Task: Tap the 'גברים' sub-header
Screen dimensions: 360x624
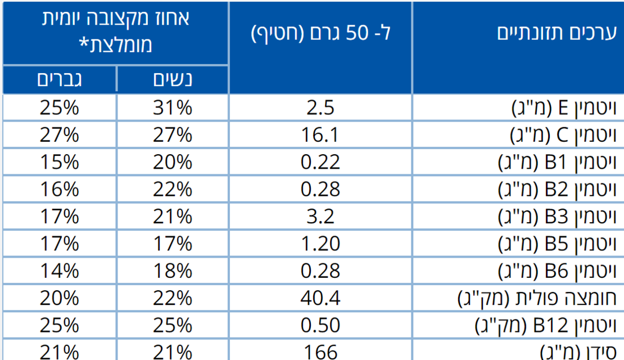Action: click(x=59, y=79)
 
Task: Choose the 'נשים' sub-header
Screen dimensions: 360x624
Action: click(x=173, y=79)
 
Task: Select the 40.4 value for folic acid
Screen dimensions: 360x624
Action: click(x=320, y=298)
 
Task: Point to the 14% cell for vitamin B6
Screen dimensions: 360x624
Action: click(x=59, y=271)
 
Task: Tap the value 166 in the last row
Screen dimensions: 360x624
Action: click(x=320, y=352)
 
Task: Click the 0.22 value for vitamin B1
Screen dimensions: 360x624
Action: click(x=320, y=163)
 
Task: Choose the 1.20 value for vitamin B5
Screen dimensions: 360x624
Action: click(x=320, y=244)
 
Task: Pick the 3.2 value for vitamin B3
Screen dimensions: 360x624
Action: click(x=320, y=217)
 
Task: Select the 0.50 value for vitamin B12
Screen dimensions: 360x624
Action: click(x=320, y=325)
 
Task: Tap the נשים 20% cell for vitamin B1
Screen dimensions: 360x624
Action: click(x=173, y=163)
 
